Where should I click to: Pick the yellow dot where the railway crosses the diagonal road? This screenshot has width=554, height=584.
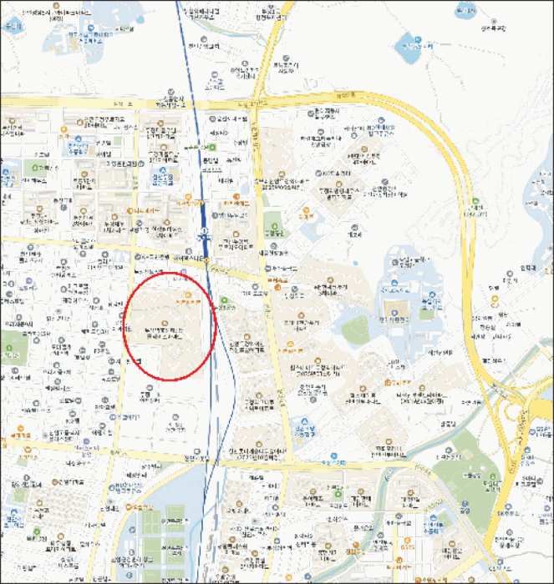[206, 261]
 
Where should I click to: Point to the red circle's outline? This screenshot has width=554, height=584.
[124, 334]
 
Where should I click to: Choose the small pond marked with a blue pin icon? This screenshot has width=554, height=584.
[408, 40]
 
